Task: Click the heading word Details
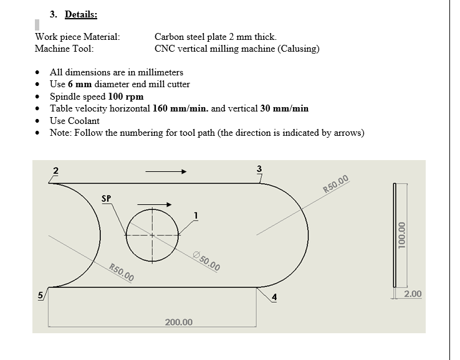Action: coord(80,14)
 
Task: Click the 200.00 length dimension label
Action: coord(179,322)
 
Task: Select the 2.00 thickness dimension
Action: coord(413,293)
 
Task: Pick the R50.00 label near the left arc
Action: coord(121,273)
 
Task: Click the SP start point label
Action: coord(106,199)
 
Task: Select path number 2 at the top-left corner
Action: coord(55,170)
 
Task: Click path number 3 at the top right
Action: coord(259,168)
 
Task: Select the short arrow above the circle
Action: coord(154,203)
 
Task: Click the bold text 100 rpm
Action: coord(125,97)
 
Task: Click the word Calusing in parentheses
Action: coord(299,49)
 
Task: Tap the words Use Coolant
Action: coord(75,120)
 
